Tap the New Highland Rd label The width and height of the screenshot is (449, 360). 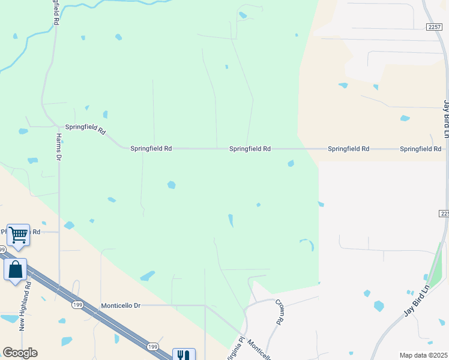[x=25, y=313]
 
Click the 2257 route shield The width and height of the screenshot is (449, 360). [x=435, y=28]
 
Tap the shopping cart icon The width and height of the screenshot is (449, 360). [x=18, y=235]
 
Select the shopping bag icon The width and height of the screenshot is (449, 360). [x=15, y=269]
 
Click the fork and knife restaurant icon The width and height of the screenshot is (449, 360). [x=183, y=355]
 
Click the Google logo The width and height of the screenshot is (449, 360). [x=20, y=353]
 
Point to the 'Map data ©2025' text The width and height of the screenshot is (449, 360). [x=423, y=355]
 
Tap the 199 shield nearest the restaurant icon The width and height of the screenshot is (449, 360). [x=152, y=347]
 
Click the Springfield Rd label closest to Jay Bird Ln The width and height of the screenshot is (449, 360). [x=420, y=148]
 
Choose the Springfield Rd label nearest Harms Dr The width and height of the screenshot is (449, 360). [x=85, y=128]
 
